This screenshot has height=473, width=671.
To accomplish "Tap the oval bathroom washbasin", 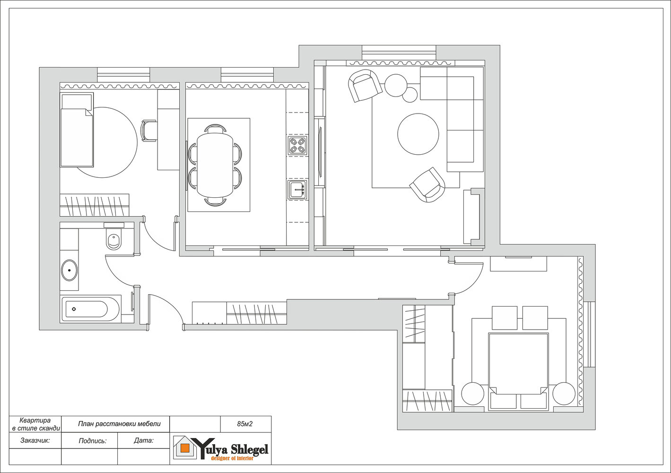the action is [x=69, y=270].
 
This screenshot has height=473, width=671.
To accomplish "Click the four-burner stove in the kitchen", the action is [x=297, y=146].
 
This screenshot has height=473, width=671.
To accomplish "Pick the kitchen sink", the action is [x=297, y=189].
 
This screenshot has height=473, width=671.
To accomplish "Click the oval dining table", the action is [x=215, y=165].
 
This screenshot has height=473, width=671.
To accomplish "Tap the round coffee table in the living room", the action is [x=418, y=134].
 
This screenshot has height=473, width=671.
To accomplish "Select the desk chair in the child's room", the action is [x=149, y=131].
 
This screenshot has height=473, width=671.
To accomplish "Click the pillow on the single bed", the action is [x=77, y=102].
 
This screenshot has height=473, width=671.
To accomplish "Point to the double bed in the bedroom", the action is [x=519, y=371].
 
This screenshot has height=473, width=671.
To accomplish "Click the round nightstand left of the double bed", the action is [x=473, y=394].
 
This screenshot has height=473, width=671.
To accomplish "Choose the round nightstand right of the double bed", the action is [x=564, y=394].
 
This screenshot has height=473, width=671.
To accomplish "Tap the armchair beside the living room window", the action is [x=365, y=86].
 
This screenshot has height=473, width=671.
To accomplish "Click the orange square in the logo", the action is [x=185, y=448].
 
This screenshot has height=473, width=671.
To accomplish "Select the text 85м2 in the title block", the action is [x=245, y=424].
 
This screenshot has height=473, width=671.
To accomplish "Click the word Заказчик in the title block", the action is [x=35, y=440].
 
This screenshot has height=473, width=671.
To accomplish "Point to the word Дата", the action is [x=144, y=440].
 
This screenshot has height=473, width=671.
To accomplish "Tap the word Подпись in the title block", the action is [x=93, y=441].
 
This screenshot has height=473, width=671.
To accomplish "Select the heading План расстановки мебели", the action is [x=119, y=424].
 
